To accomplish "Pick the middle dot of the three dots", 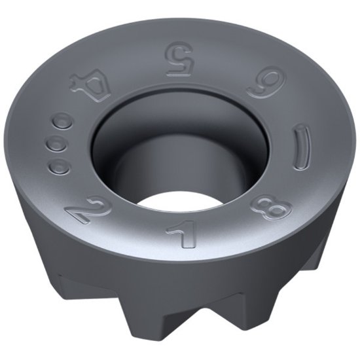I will pos(57,142).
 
